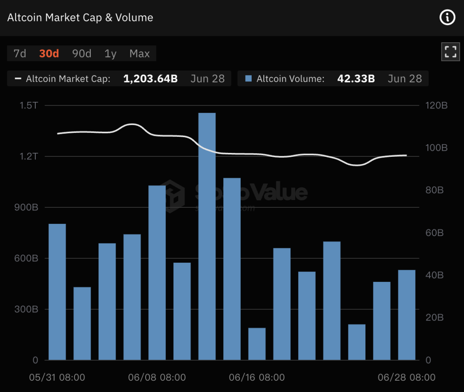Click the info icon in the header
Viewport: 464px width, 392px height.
coord(447,17)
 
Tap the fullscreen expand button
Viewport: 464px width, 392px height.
coord(450,52)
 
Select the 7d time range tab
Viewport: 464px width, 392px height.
coord(20,54)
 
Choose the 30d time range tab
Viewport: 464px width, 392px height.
coord(49,54)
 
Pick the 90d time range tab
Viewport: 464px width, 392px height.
coord(82,54)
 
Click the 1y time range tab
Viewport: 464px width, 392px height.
coord(110,54)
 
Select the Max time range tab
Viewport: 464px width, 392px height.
coord(140,54)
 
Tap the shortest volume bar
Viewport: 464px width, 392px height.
coord(257,344)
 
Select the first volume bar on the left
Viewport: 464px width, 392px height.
coord(57,292)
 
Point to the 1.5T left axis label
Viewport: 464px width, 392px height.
coord(29,105)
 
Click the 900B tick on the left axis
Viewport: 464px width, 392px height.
coord(28,207)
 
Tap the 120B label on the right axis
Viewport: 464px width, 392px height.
coord(437,105)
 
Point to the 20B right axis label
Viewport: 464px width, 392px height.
coord(434,318)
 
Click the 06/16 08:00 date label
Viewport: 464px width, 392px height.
coord(257,377)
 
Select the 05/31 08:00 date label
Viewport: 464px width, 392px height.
coord(57,377)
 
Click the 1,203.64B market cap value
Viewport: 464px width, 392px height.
coord(150,79)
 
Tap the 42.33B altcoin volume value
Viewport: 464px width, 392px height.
coord(356,79)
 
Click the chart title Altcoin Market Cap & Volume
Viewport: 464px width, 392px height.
coord(80,18)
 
